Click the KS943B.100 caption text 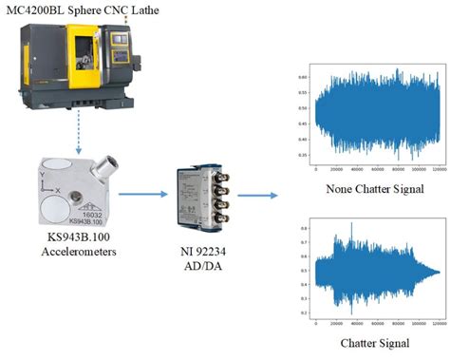click(x=75, y=241)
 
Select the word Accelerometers click(x=75, y=254)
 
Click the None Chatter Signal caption click(x=375, y=187)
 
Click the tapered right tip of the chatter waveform click(x=438, y=272)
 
